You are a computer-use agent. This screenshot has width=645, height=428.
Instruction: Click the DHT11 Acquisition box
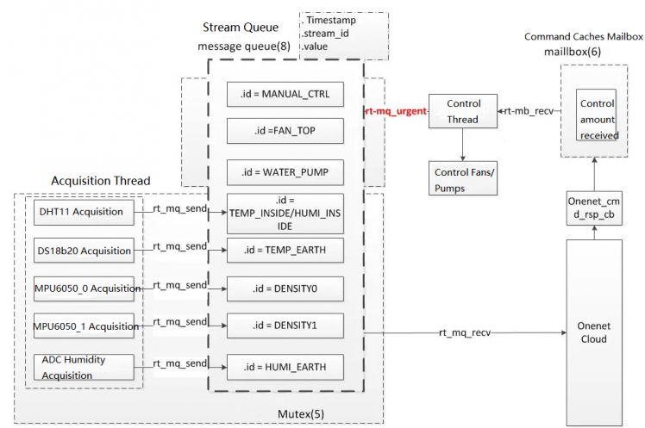[85, 212]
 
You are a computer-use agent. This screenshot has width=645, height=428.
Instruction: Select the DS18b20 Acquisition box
[85, 251]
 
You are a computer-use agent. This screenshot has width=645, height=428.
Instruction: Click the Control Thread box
[463, 112]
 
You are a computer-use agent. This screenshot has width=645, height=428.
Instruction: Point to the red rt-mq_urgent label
[395, 112]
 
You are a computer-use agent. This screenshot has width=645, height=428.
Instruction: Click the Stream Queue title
[245, 28]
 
